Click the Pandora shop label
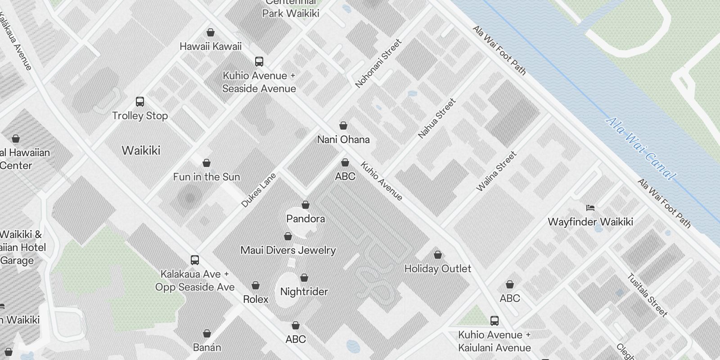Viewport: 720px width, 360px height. coord(306,219)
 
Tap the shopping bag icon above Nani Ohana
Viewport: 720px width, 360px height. coord(343,126)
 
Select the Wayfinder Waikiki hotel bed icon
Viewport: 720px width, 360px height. coord(590,208)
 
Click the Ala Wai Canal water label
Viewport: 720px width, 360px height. coord(641,148)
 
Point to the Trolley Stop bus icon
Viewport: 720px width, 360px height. coord(140,102)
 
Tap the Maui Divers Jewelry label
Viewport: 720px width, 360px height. coord(288,250)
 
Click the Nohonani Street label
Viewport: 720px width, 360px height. coord(378,63)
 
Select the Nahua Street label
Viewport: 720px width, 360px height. coord(436,118)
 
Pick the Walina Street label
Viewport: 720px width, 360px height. coord(496,171)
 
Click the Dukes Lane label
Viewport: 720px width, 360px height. coord(258,190)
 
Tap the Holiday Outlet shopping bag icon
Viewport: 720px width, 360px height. coord(438,255)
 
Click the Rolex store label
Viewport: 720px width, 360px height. coord(256,299)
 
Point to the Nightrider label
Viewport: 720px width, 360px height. coord(304,292)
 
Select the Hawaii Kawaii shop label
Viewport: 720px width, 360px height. coord(211,46)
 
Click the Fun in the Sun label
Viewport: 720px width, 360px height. coord(207,177)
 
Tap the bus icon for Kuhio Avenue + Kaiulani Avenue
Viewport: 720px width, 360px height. coord(495,321)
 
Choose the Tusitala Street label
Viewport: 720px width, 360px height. coord(647,295)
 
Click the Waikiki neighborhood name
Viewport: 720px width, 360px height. coord(141,150)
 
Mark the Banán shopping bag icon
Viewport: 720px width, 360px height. coord(207,333)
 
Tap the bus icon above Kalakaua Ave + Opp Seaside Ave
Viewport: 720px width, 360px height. coord(195,260)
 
